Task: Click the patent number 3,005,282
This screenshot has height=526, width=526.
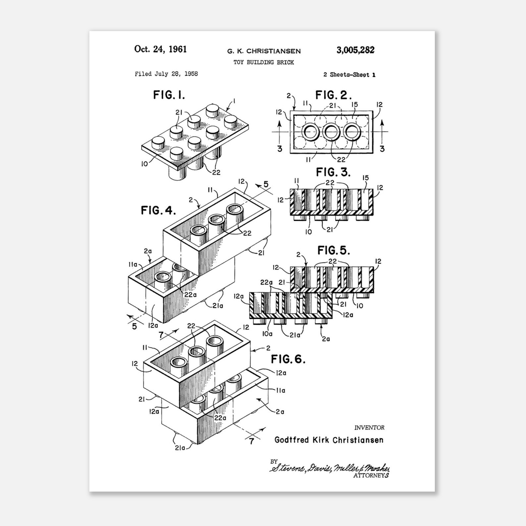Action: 355,50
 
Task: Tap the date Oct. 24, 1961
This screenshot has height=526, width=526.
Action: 160,49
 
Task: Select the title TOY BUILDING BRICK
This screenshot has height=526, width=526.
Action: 264,62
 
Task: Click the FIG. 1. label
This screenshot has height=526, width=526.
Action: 169,95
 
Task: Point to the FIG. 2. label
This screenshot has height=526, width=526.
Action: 334,95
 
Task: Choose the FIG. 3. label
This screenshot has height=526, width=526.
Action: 333,172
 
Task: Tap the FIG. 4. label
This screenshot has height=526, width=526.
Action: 158,210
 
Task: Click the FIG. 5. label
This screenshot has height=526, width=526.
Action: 334,250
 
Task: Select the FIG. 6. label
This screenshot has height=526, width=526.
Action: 288,359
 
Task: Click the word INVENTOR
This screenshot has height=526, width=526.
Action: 369,428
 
